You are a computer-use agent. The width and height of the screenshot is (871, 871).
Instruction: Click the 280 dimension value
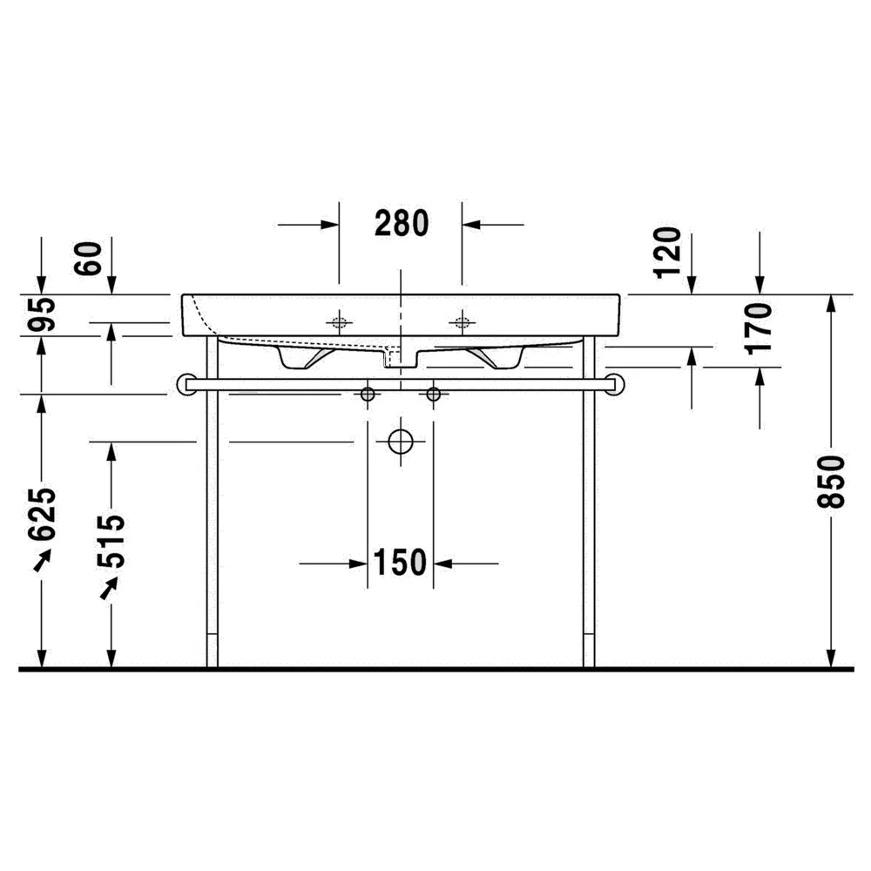pyautogui.click(x=402, y=223)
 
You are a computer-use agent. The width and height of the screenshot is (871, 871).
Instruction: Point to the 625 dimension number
pyautogui.click(x=42, y=514)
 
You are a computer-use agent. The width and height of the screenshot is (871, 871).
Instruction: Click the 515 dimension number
pyautogui.click(x=111, y=542)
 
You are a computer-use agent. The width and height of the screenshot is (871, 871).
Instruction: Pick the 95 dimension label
pyautogui.click(x=42, y=314)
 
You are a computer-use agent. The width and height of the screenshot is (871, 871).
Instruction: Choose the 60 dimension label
pyautogui.click(x=89, y=259)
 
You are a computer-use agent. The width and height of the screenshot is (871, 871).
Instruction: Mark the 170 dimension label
pyautogui.click(x=759, y=328)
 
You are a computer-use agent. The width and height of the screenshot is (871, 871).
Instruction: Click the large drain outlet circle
pyautogui.click(x=401, y=442)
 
